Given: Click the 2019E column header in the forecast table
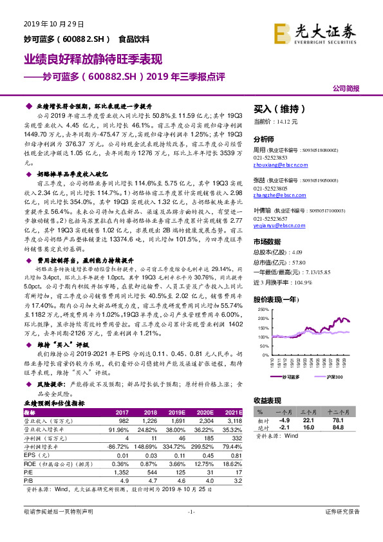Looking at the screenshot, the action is pyautogui.click(x=176, y=413).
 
